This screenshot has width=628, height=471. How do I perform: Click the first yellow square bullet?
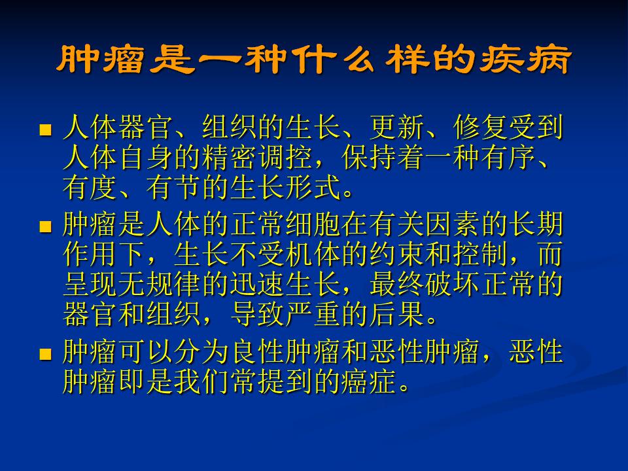pyautogui.click(x=46, y=130)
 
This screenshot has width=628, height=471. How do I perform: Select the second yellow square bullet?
pyautogui.click(x=46, y=227)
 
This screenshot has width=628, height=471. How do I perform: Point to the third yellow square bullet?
pyautogui.click(x=46, y=354)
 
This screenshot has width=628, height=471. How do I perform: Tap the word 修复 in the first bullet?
pyautogui.click(x=481, y=128)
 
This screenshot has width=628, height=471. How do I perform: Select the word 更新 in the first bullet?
pyautogui.click(x=397, y=128)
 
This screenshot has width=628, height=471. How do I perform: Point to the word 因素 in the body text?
pyautogui.click(x=453, y=224)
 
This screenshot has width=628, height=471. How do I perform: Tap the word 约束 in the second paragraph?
pyautogui.click(x=397, y=254)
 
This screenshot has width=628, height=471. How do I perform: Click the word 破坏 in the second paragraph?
pyautogui.click(x=453, y=285)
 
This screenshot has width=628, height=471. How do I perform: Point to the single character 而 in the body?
pyautogui.click(x=550, y=254)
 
